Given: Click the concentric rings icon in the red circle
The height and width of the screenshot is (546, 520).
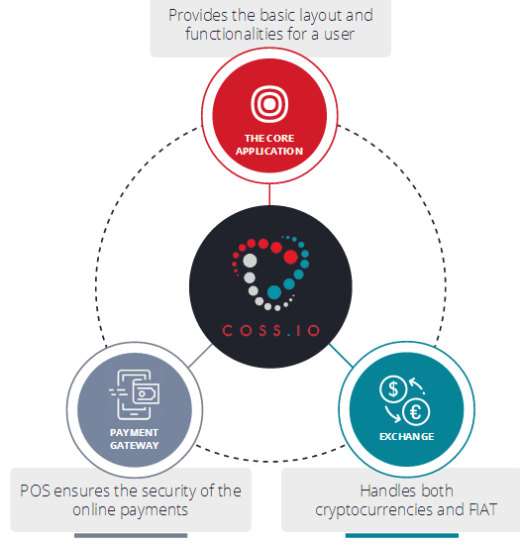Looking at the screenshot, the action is tap(269, 104).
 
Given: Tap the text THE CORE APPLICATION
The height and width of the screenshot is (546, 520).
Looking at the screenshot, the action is tap(269, 145).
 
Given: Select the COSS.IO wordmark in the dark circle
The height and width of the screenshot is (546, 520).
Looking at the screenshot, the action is tap(270, 330).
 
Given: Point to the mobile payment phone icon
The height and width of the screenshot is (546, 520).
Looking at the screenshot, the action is tap(135, 394).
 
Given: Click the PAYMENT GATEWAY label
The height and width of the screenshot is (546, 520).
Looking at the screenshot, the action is tap(135, 439).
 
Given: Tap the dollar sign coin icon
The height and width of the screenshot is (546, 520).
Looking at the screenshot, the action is tap(393, 389).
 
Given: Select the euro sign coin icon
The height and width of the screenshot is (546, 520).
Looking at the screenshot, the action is tap(416, 412).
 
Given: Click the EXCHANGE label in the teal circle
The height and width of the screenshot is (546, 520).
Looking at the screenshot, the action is tap(406, 437).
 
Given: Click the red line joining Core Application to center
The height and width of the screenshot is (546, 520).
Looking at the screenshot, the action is tap(269, 194).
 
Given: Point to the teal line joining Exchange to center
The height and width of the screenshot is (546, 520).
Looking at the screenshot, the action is tap(341, 355).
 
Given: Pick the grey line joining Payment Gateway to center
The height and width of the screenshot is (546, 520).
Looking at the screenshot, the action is tap(200, 356).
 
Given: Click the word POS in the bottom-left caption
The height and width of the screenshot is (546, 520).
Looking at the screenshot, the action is tap(35, 491).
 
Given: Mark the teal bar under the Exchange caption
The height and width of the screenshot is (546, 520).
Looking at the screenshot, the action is tap(402, 535).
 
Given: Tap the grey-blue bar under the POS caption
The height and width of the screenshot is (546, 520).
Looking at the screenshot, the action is tap(131, 535).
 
